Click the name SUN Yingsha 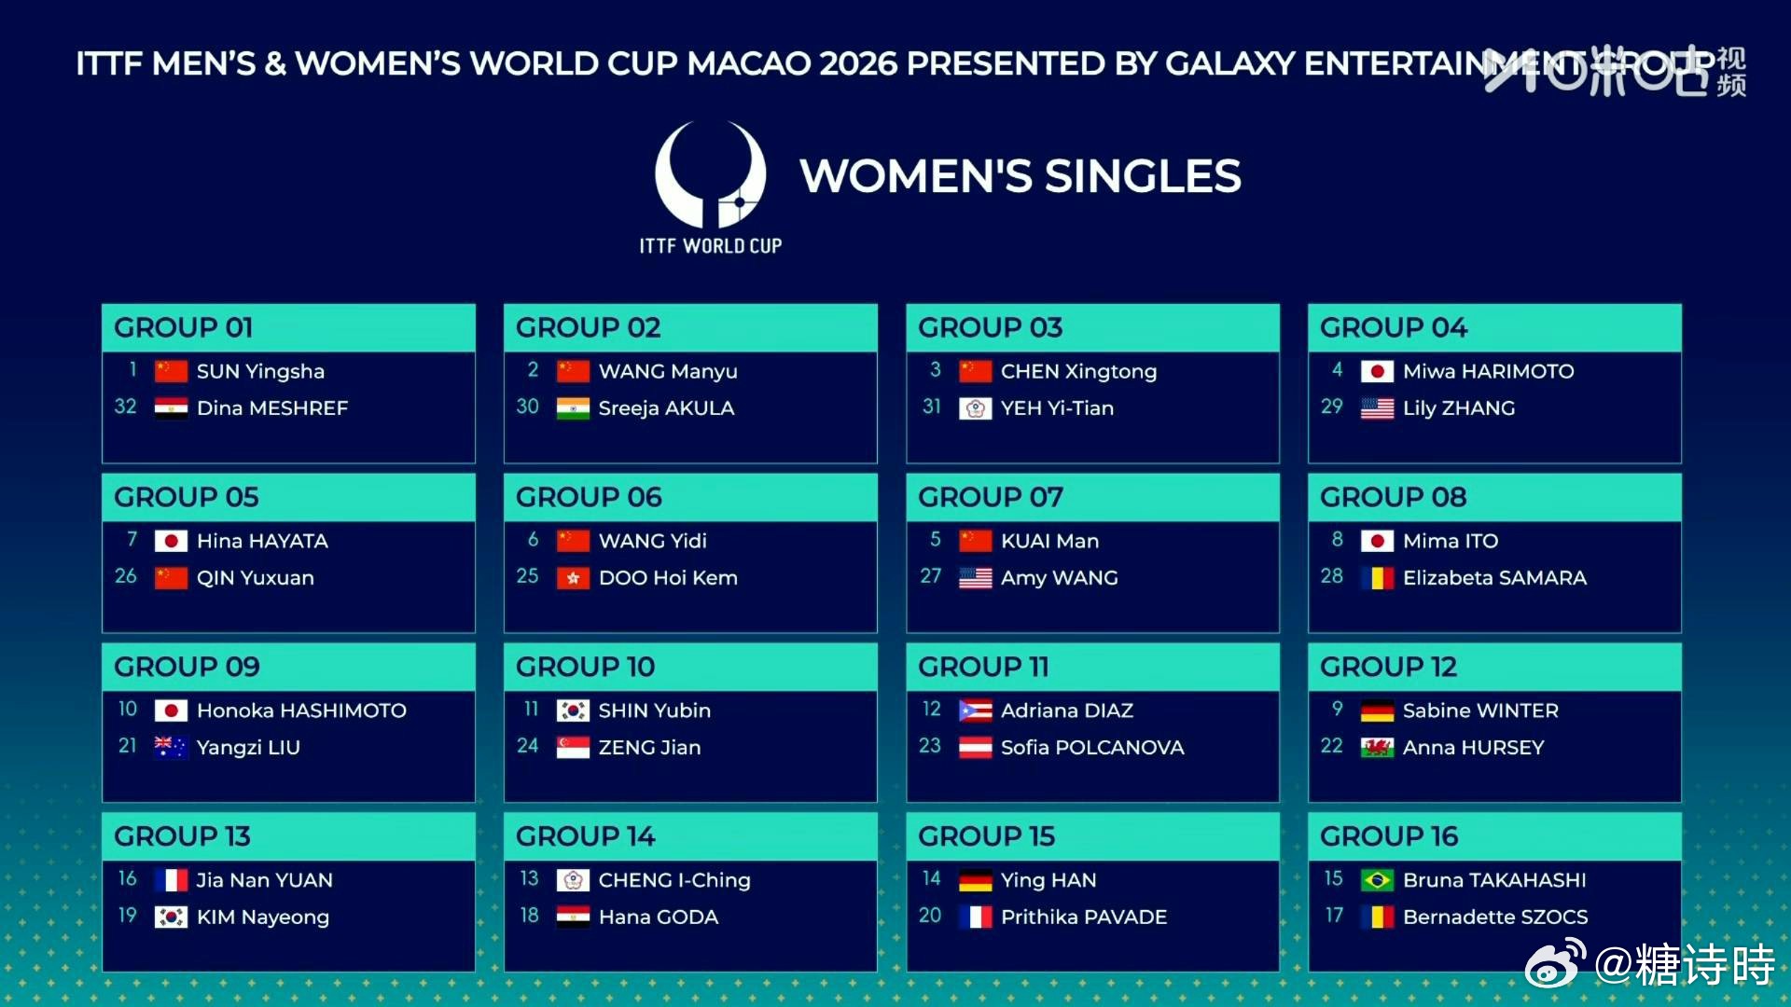click(x=260, y=371)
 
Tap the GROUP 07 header click(x=990, y=497)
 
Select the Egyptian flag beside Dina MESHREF click(x=171, y=408)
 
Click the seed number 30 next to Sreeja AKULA click(x=527, y=407)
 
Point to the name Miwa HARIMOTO click(x=1488, y=371)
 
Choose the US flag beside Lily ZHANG click(x=1377, y=408)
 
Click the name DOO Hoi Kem click(x=668, y=578)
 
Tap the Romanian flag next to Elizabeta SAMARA click(x=1377, y=578)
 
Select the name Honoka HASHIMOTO click(x=301, y=710)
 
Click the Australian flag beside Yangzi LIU click(x=171, y=747)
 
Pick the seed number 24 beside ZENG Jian click(x=527, y=746)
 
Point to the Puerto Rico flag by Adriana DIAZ click(x=975, y=710)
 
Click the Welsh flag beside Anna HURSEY click(x=1377, y=747)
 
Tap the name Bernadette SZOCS click(x=1495, y=917)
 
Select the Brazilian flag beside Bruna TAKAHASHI click(x=1377, y=880)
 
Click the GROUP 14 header click(x=585, y=836)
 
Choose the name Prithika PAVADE click(x=1083, y=917)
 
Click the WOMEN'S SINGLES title click(x=1020, y=176)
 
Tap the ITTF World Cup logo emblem click(x=710, y=174)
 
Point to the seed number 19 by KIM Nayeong click(x=127, y=916)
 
